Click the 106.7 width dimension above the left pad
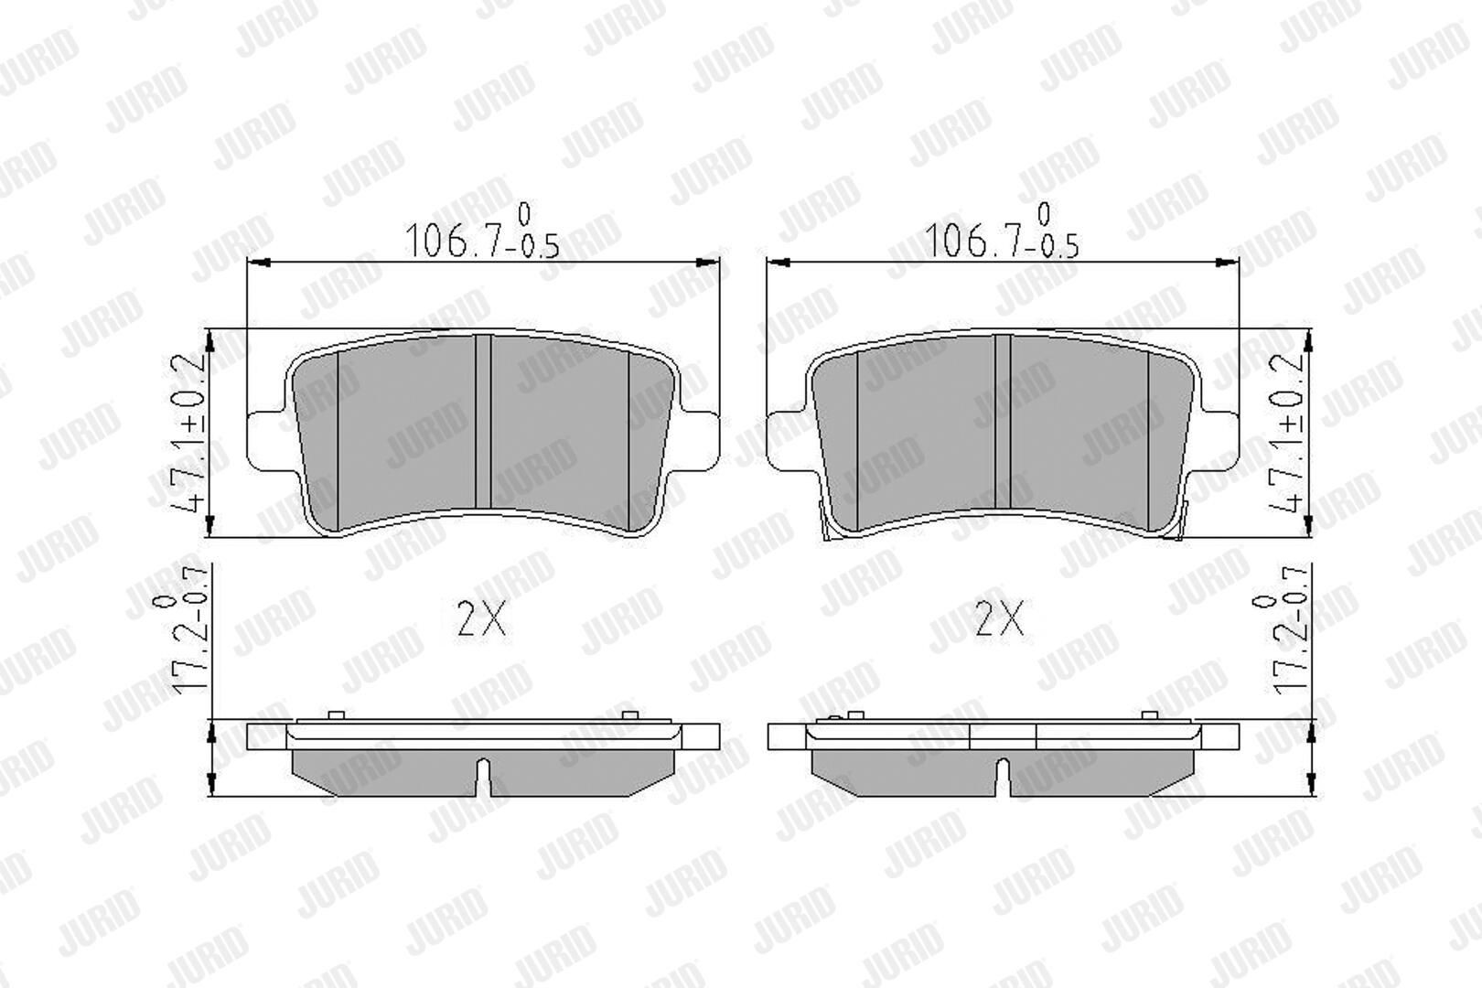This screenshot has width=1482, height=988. (481, 231)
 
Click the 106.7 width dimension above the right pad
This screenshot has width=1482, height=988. (1001, 231)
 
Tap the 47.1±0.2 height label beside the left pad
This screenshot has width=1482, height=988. (187, 434)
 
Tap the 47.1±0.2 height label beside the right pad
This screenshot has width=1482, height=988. (1285, 434)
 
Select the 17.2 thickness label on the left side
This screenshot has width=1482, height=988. (180, 628)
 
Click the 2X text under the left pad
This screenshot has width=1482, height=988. (481, 618)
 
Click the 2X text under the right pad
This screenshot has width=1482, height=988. (1000, 618)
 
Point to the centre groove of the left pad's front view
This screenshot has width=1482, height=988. (484, 422)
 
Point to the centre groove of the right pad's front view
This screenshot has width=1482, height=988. (1003, 422)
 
